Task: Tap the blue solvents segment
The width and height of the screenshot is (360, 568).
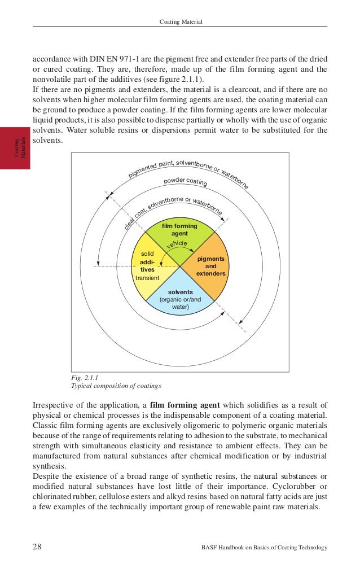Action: click(x=179, y=299)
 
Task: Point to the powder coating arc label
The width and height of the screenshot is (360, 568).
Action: click(x=185, y=182)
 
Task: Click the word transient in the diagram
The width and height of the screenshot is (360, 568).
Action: click(x=148, y=278)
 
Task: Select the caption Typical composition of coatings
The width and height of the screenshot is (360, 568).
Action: click(x=116, y=386)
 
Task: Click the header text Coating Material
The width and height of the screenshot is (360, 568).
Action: click(x=181, y=22)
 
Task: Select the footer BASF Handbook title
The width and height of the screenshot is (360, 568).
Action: click(x=264, y=548)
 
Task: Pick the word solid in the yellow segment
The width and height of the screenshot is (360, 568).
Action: click(x=147, y=255)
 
